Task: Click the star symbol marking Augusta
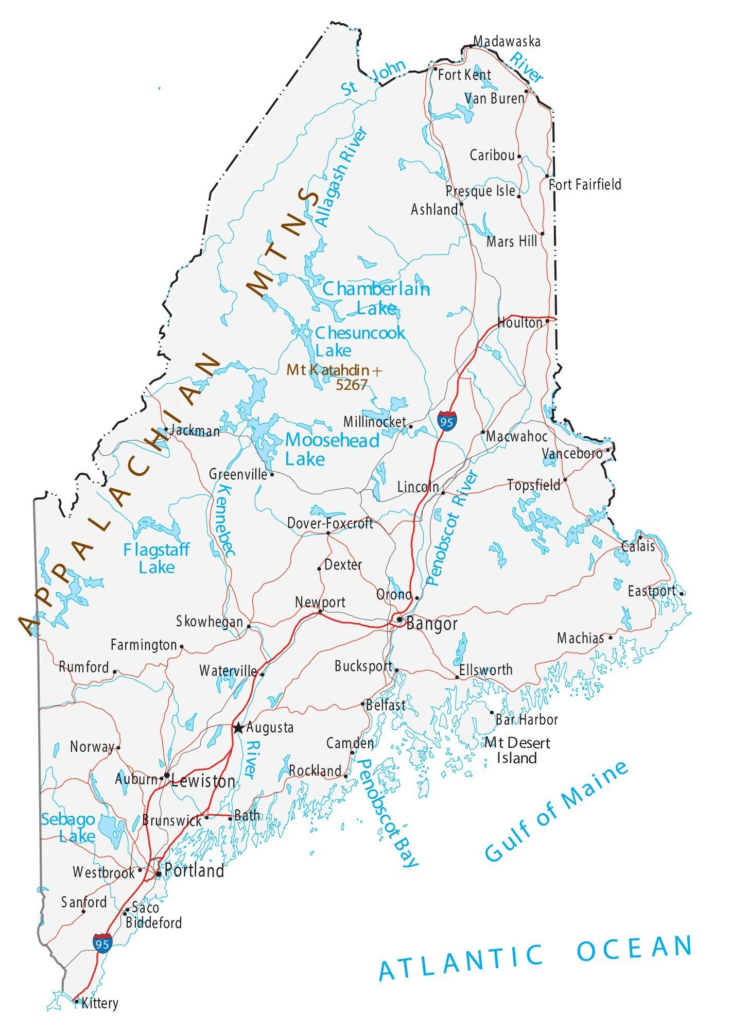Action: coord(238,728)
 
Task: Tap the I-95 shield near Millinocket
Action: coord(446,421)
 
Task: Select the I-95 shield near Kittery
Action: coord(102,943)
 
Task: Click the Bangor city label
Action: coord(431,624)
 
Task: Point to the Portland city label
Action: coord(194,871)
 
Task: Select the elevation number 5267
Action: coord(352,384)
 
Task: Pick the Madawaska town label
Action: coord(507,42)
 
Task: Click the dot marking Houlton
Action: coord(547,320)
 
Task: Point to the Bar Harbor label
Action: coord(526,719)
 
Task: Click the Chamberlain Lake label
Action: coord(375,298)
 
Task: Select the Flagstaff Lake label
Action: coord(157,558)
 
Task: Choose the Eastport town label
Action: coord(651,591)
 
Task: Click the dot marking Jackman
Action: coord(166,429)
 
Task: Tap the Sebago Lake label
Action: coord(68,828)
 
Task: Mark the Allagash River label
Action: coord(341,177)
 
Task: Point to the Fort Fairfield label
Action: coord(585,184)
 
